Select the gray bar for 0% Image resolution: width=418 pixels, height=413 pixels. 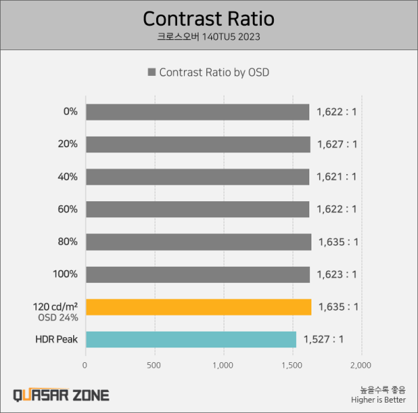point(197,112)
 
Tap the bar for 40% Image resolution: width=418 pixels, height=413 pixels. point(197,177)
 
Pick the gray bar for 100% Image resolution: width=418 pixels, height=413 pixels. point(197,274)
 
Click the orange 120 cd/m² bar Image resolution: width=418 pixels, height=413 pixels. point(198,306)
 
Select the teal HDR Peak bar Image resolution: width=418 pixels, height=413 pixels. point(190,339)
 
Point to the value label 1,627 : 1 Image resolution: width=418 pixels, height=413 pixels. point(337,144)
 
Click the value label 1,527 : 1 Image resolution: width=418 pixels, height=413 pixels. point(323,339)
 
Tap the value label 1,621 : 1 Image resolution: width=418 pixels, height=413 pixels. point(336,177)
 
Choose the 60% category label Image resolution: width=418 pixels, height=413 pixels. point(68,209)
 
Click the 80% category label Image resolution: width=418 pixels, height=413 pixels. point(68,242)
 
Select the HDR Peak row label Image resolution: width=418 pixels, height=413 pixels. point(57,339)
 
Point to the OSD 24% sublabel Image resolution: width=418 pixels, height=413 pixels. point(58,318)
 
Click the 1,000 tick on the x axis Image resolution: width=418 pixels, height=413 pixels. point(223,365)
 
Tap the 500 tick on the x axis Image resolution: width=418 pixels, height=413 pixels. point(154,365)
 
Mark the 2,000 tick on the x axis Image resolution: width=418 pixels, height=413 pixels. point(361,365)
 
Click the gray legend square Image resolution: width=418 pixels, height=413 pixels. point(151,72)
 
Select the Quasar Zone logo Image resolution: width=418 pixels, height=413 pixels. point(61,396)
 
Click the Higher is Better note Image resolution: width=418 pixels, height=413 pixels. point(378,400)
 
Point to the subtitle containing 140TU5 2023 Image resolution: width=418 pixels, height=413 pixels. point(208,36)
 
